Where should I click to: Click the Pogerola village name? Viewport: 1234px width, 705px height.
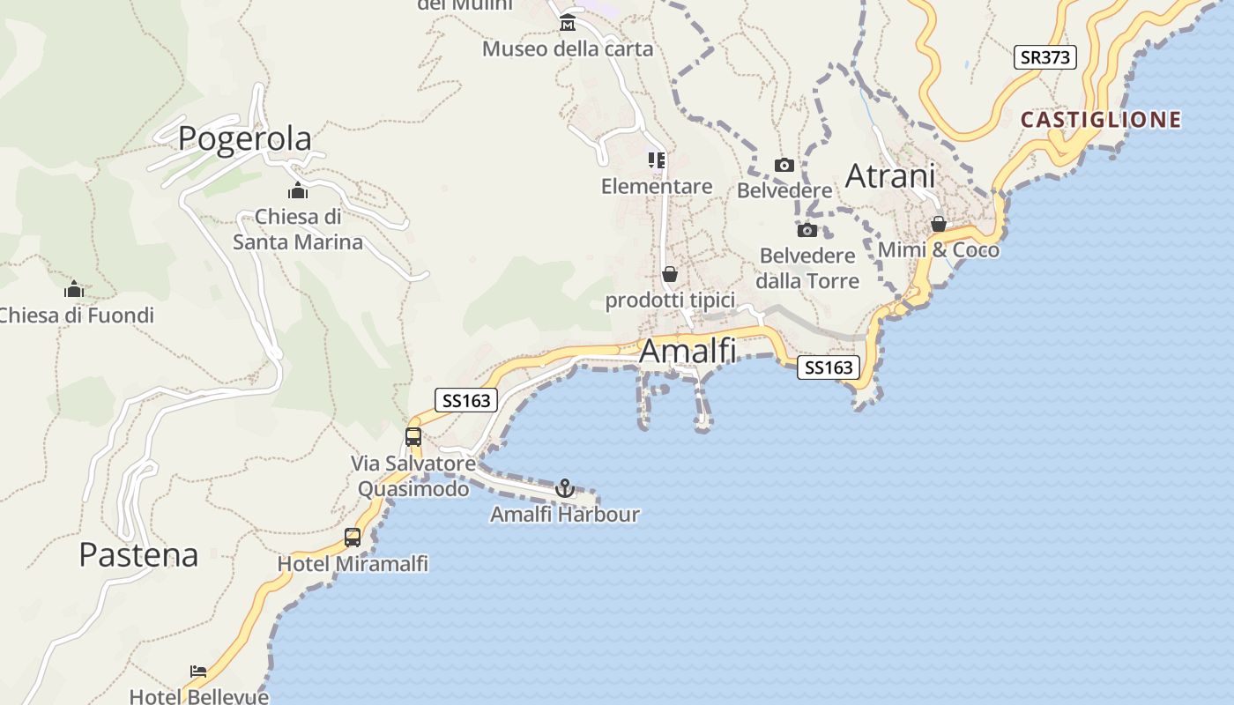point(245,138)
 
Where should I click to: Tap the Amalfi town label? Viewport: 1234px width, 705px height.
point(688,351)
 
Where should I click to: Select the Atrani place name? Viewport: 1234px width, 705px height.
point(890,176)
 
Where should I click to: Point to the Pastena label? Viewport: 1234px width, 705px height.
point(138,554)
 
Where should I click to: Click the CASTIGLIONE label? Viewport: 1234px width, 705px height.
point(1101,120)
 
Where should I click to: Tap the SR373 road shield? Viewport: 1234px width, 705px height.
point(1044,58)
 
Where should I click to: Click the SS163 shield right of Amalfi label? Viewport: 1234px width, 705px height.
point(829,367)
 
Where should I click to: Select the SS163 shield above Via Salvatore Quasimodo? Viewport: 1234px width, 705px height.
point(466,400)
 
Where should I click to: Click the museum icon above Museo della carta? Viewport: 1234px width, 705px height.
point(568,22)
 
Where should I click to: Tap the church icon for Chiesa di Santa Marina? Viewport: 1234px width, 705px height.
point(298,190)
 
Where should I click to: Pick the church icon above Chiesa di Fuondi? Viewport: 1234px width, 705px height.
point(74,289)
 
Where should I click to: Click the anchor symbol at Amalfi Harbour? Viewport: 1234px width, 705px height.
point(564,488)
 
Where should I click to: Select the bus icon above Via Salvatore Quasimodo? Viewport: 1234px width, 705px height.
point(413,436)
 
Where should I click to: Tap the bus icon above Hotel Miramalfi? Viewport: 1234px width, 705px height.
point(353,538)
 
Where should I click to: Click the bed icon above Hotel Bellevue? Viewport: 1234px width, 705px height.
point(198,672)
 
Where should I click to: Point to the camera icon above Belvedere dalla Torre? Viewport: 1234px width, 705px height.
point(807,231)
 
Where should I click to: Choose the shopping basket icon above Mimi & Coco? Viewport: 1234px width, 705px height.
point(939,224)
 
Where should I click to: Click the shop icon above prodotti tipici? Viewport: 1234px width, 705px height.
point(670,275)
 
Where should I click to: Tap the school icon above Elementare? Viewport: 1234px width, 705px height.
point(657,160)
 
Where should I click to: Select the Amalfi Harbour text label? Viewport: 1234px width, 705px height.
point(565,514)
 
